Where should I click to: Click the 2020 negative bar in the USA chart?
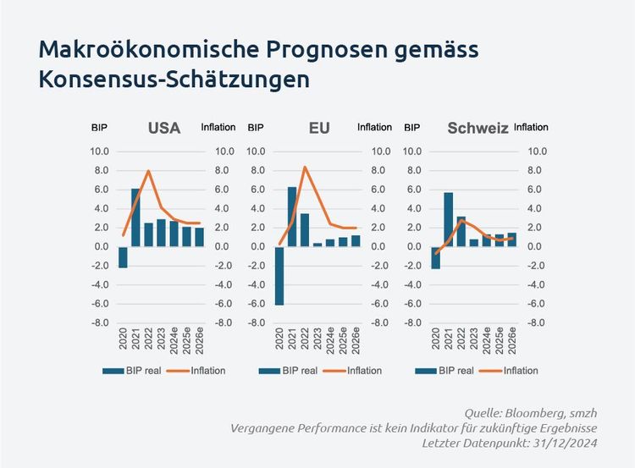(123, 257)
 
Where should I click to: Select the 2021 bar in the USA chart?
(135, 217)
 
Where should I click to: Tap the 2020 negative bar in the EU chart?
(279, 275)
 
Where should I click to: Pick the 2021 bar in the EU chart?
(292, 217)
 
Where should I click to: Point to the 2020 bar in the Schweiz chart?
(436, 257)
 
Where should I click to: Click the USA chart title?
(163, 129)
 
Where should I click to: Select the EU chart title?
(319, 129)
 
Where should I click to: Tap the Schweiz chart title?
(478, 129)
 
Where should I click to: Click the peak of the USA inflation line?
(149, 171)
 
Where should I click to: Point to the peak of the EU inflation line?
(305, 167)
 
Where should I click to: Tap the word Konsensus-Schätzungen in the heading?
(174, 80)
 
